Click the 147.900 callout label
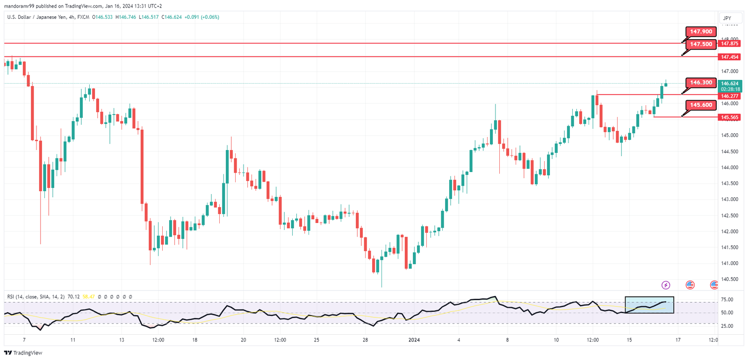[x=701, y=32]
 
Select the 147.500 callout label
[x=701, y=44]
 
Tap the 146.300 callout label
[x=701, y=83]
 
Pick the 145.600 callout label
[x=701, y=105]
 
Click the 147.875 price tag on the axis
[x=729, y=43]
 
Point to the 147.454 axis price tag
[x=729, y=57]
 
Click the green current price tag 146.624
[x=729, y=84]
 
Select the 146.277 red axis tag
[x=729, y=96]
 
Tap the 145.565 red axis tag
[x=729, y=117]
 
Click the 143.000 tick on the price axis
[x=729, y=200]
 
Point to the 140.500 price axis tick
[x=729, y=280]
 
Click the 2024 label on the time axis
[x=414, y=340]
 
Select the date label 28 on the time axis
[x=365, y=340]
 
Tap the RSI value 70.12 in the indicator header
[x=73, y=297]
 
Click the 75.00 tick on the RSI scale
[x=727, y=300]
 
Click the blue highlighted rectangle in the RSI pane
[x=649, y=305]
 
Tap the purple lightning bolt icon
[x=666, y=285]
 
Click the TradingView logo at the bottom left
[x=23, y=353]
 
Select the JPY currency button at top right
[x=727, y=18]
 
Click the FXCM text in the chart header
[x=83, y=17]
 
